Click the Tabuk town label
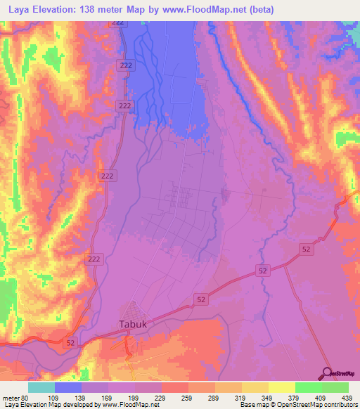coord(130,325)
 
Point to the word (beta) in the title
coord(259,10)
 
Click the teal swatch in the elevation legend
coord(41,387)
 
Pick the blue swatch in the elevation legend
coord(68,387)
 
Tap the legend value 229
coord(161,397)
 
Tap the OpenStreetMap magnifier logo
coord(330,372)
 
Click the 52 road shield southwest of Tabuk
coord(70,342)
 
